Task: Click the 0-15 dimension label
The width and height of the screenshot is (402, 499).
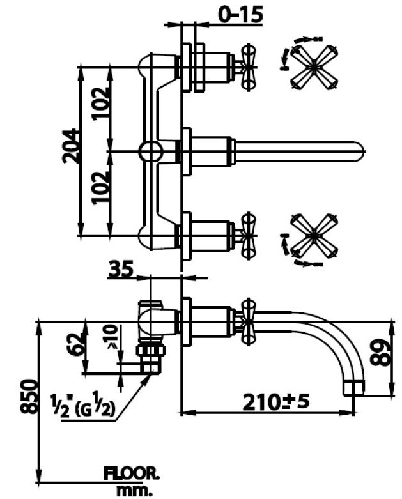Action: [240, 13]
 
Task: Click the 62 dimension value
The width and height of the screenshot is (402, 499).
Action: [75, 345]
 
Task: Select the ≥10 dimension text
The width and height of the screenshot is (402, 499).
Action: [112, 337]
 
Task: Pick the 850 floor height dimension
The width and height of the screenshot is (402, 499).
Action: [27, 397]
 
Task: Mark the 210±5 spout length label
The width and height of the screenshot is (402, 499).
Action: [276, 402]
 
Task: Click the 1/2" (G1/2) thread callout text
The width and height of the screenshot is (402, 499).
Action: [82, 406]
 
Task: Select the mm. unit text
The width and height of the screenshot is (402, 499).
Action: [136, 491]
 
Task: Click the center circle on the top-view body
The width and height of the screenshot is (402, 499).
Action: [151, 151]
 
